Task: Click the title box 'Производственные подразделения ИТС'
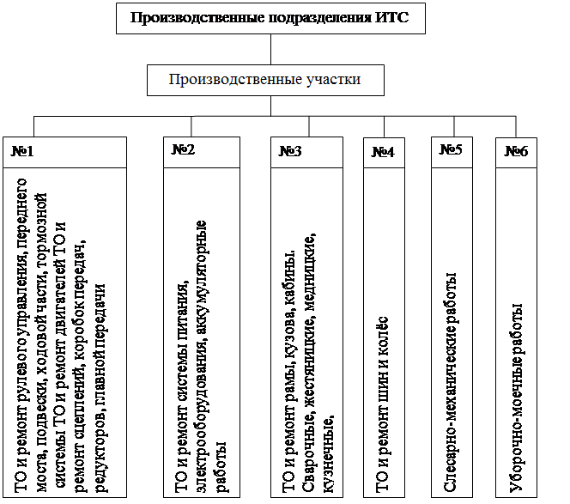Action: point(270,19)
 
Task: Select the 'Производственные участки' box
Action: point(265,81)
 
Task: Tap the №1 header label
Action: point(22,151)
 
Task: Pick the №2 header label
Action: point(183,149)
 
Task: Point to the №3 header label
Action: point(290,151)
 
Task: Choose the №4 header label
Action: point(383,152)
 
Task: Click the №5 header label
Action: point(451,149)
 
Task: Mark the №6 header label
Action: point(516,151)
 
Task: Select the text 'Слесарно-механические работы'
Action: point(450,382)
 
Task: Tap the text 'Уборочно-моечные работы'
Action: point(516,398)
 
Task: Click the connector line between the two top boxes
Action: point(270,50)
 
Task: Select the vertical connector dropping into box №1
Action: point(33,126)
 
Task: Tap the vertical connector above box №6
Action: point(516,126)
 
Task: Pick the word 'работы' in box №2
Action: point(221,467)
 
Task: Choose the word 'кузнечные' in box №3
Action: point(328,453)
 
